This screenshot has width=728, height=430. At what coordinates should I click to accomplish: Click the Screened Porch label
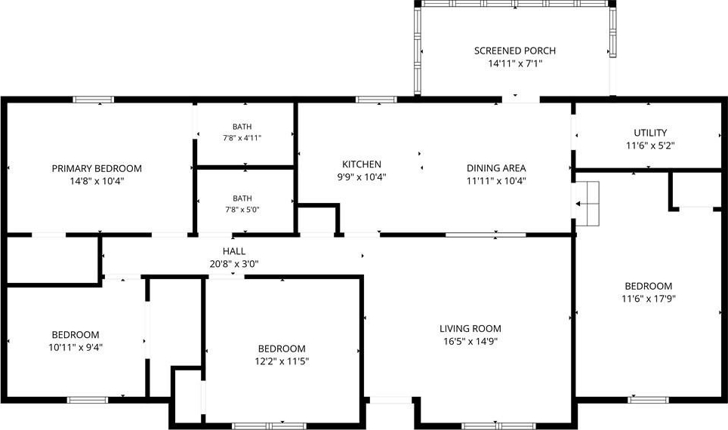(515, 51)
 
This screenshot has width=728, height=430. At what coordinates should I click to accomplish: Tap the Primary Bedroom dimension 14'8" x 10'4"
(97, 181)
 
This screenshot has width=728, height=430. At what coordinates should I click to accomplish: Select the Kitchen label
(362, 164)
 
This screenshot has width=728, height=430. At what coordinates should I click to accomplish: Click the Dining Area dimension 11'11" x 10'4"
(496, 181)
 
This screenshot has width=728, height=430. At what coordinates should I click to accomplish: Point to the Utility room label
(650, 133)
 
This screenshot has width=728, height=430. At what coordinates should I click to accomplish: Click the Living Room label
(470, 329)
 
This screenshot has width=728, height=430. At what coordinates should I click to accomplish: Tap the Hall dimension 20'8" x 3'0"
(234, 264)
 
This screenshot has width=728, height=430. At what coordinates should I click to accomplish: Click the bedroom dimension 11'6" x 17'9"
(649, 299)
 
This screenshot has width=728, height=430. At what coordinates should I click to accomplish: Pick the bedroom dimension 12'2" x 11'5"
(282, 361)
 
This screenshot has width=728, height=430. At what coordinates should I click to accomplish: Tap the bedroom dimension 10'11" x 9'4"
(76, 348)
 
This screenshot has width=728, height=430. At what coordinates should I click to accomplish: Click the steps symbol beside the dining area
(588, 204)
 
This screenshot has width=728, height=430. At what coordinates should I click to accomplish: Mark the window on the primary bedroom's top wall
(94, 100)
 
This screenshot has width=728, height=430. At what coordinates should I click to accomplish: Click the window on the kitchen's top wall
(376, 100)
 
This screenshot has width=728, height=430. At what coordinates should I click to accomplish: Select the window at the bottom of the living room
(499, 425)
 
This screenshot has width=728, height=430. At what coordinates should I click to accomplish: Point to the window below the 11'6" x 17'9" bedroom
(649, 399)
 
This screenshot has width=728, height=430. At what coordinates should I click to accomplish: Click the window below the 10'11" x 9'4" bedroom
(88, 399)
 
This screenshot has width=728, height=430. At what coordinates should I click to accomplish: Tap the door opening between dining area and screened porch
(521, 100)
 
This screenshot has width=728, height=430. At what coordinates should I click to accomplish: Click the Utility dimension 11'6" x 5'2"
(650, 146)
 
